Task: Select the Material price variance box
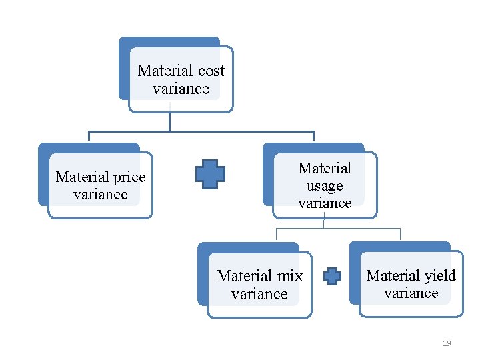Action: tap(100, 186)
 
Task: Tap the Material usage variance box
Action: tap(325, 186)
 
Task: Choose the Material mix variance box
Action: tap(259, 285)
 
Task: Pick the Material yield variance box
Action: tap(411, 285)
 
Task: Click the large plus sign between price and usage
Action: tap(210, 174)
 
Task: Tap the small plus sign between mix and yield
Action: tap(332, 276)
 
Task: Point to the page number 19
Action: tap(447, 343)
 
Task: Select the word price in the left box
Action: tap(129, 177)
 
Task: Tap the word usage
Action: tap(325, 186)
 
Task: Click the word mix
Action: tap(290, 276)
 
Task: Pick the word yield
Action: tap(440, 276)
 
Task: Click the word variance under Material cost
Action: tap(181, 89)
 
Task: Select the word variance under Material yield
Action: tap(411, 293)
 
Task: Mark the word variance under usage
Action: tap(325, 203)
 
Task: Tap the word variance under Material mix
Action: tap(259, 294)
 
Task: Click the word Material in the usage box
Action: tap(325, 169)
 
